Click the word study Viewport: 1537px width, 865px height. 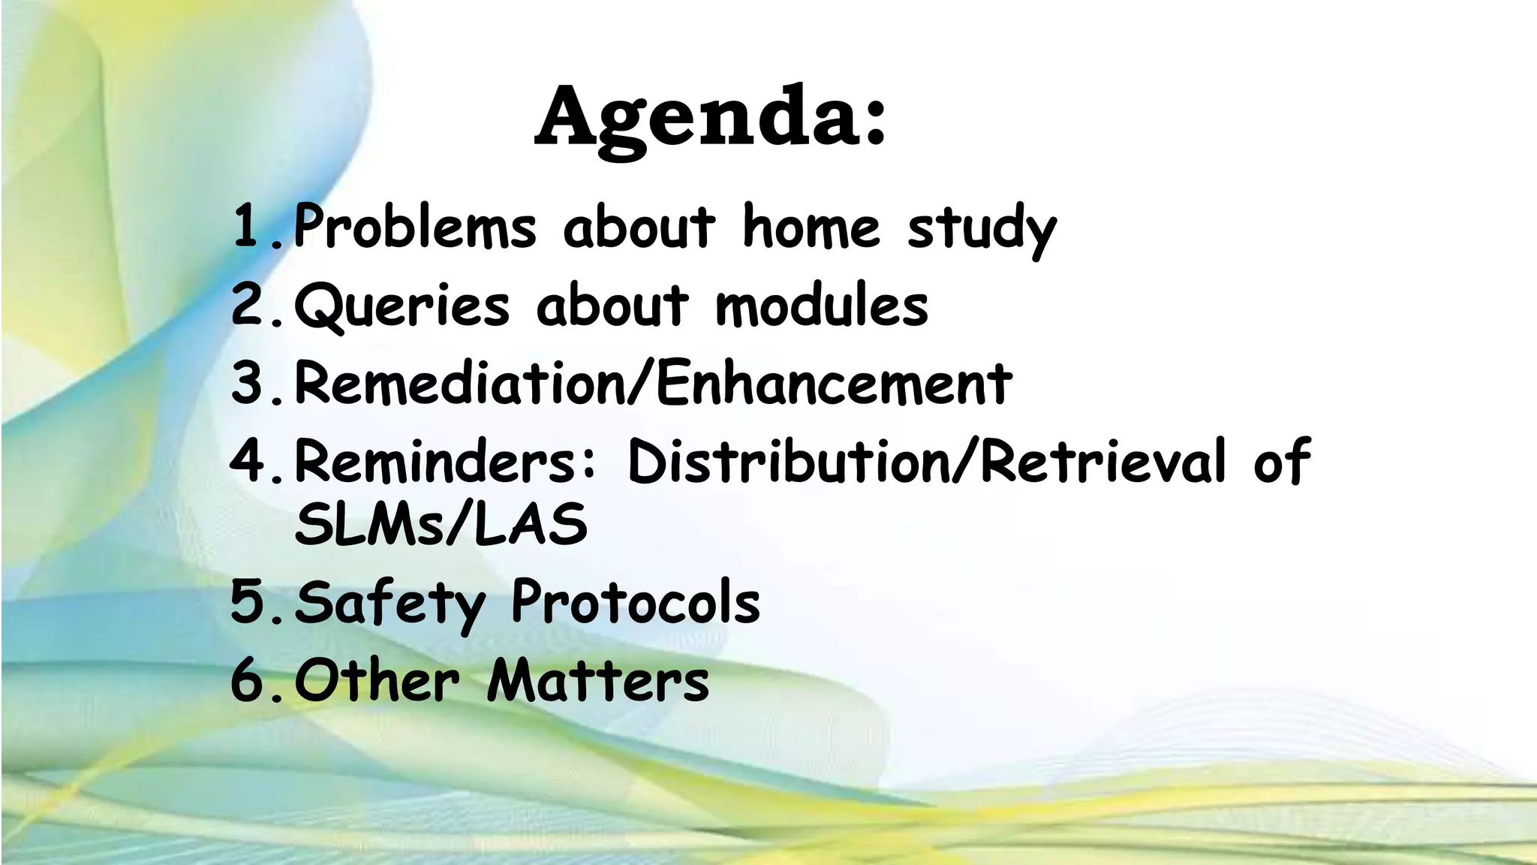click(x=982, y=229)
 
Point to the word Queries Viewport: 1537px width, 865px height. click(x=402, y=306)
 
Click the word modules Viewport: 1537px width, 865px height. click(x=822, y=306)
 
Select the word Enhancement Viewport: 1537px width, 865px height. click(x=834, y=384)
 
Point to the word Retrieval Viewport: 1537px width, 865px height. click(x=1103, y=461)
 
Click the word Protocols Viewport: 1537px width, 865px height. click(x=636, y=603)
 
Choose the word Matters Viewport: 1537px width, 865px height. click(x=597, y=681)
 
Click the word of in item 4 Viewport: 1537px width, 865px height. click(x=1282, y=461)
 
